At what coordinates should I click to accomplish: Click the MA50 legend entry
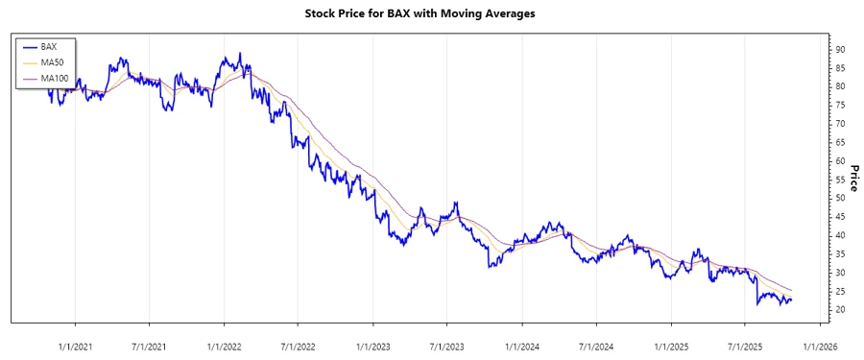click(x=53, y=62)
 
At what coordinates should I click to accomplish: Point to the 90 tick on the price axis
click(x=839, y=49)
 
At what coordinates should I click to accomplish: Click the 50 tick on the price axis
click(x=839, y=198)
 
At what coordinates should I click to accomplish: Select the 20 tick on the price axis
click(x=839, y=310)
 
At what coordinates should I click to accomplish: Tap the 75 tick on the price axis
click(x=839, y=124)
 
